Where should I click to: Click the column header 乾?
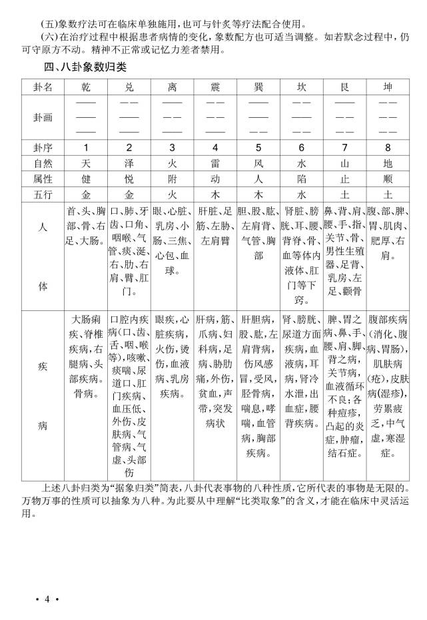coord(86,88)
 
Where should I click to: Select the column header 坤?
coord(388,88)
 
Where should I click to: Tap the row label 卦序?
coord(43,147)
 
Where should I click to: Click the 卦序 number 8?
coord(388,147)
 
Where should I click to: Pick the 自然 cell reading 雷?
coord(215,163)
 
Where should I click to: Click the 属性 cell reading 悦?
coord(129,179)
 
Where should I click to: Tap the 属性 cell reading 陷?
coord(301,179)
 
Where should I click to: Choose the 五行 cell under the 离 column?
coord(172,195)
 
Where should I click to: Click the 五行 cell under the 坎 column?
coord(301,195)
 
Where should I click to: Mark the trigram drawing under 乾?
coord(86,117)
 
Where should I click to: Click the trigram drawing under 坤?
coord(388,117)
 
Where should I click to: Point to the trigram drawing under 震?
coord(215,117)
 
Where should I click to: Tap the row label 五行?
coord(43,195)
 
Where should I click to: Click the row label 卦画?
coord(43,117)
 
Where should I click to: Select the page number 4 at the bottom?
coord(47,599)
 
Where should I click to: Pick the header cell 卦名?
coord(43,88)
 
